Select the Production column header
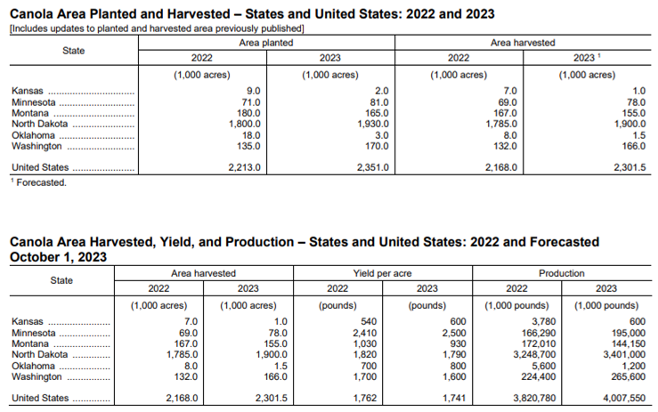pos(561,273)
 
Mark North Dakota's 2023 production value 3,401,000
pos(620,353)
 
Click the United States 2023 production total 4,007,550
pos(620,398)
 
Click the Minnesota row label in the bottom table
pos(33,332)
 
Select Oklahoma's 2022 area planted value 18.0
pos(251,134)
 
